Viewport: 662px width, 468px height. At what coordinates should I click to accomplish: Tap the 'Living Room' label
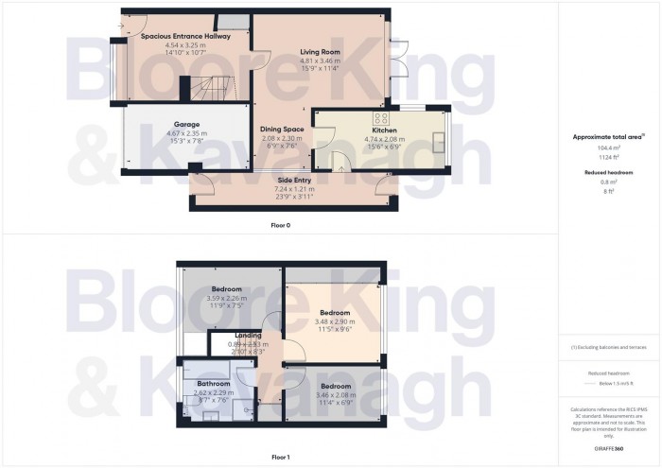coord(320,52)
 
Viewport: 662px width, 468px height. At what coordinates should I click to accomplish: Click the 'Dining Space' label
coord(282,130)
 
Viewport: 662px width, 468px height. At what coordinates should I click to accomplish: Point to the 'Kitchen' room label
coord(384,130)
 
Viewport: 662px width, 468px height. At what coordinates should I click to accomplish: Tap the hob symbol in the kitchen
coord(383,118)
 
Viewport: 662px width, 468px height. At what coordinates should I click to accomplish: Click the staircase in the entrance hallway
coord(210,90)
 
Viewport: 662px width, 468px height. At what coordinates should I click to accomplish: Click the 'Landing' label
coord(248,336)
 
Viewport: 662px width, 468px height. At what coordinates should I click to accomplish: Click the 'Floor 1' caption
coord(281,457)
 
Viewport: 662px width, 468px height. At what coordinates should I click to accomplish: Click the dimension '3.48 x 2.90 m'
coord(335,321)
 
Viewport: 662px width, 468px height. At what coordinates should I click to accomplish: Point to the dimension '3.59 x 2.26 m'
coord(227,298)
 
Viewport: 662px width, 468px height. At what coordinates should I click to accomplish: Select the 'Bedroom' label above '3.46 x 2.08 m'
coord(335,387)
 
